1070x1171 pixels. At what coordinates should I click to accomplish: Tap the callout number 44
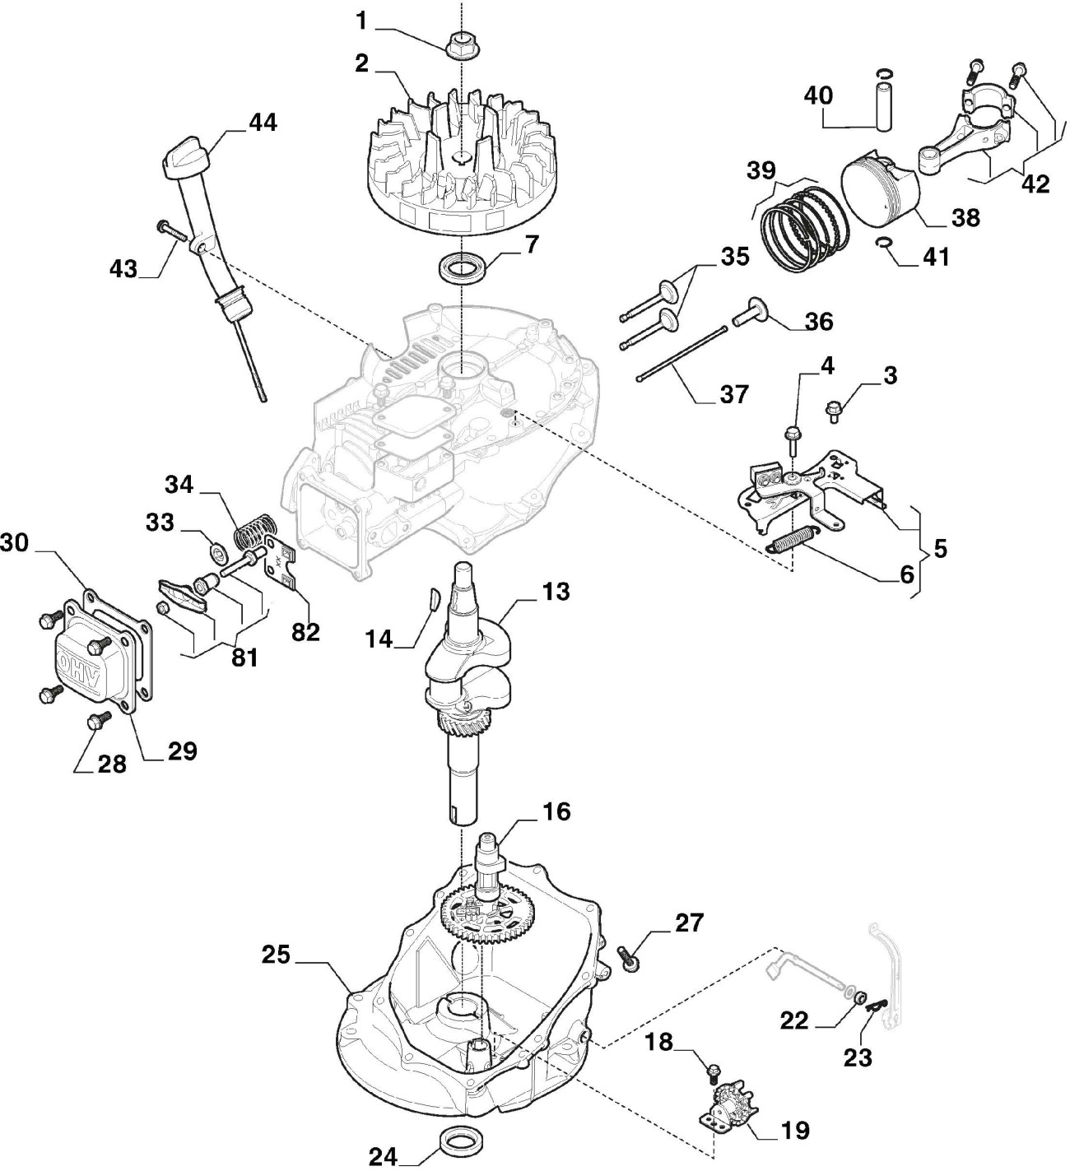pyautogui.click(x=263, y=123)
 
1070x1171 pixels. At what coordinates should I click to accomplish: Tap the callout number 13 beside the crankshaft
pyautogui.click(x=556, y=592)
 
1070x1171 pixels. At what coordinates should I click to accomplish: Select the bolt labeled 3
pyautogui.click(x=834, y=411)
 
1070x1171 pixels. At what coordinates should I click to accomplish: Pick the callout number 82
pyautogui.click(x=305, y=632)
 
